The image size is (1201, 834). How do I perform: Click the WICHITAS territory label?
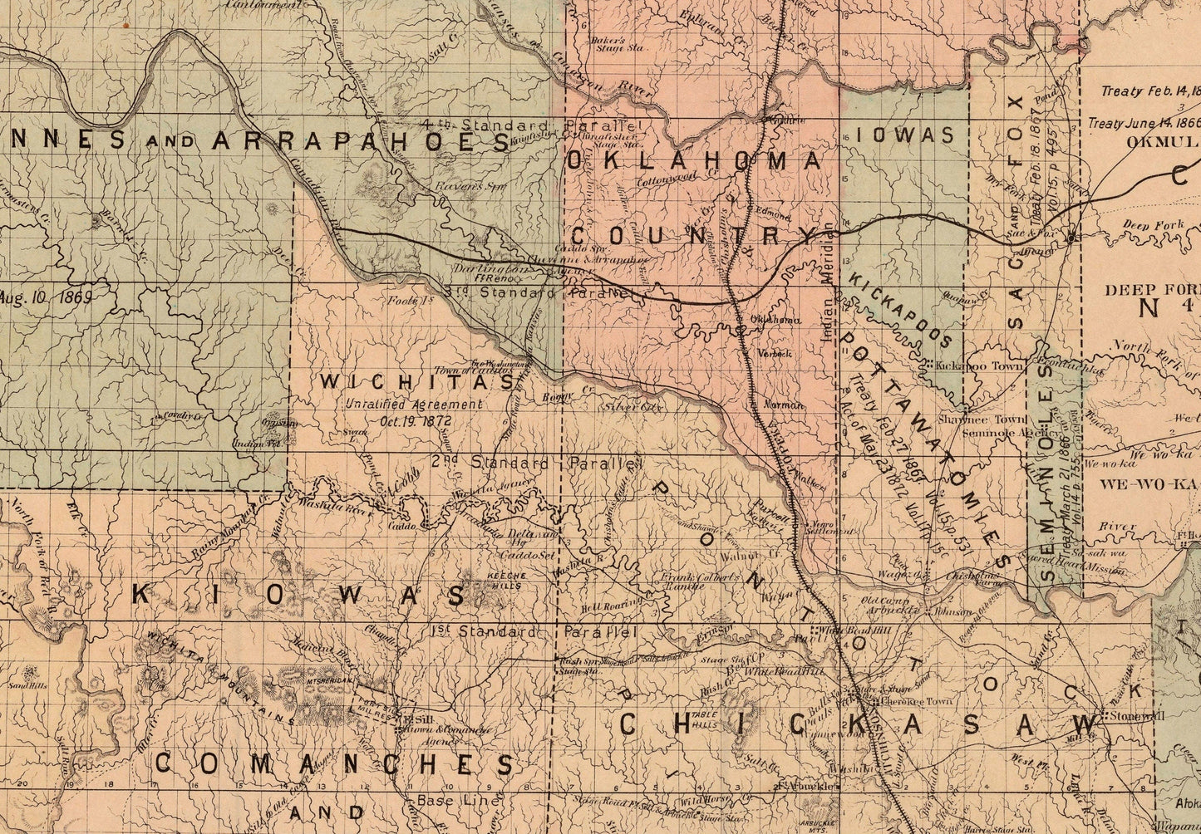coord(418,382)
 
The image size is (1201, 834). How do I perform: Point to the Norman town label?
coord(787,405)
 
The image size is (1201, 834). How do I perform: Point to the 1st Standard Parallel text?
coord(534,631)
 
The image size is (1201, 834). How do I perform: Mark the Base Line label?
coord(459,801)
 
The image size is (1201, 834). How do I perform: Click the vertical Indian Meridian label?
coord(827,282)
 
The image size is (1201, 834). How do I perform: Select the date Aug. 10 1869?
coord(45,295)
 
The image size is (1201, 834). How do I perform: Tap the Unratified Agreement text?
coord(414,405)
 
